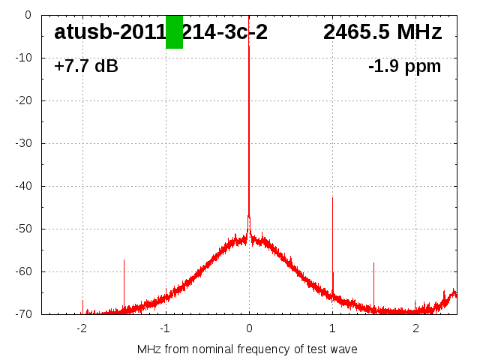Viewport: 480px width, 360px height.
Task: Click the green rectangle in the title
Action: coord(174,32)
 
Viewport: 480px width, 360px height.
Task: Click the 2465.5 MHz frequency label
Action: coord(382,32)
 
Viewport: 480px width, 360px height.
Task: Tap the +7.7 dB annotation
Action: coord(86,67)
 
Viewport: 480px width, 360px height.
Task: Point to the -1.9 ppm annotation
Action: coord(404,67)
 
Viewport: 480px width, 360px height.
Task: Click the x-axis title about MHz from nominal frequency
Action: coord(247,349)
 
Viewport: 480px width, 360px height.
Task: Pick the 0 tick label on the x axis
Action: coord(249,328)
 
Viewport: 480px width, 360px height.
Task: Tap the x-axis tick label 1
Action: coord(332,328)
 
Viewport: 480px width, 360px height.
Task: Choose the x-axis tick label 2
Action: coord(415,328)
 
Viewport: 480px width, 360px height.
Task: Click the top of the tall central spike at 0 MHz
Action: coord(249,46)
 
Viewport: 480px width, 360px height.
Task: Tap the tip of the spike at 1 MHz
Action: coord(332,198)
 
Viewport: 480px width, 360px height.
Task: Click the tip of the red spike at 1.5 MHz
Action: coord(373,263)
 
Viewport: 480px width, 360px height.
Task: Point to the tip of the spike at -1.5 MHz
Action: coord(124,260)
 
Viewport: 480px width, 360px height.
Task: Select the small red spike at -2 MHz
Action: coord(82,301)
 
